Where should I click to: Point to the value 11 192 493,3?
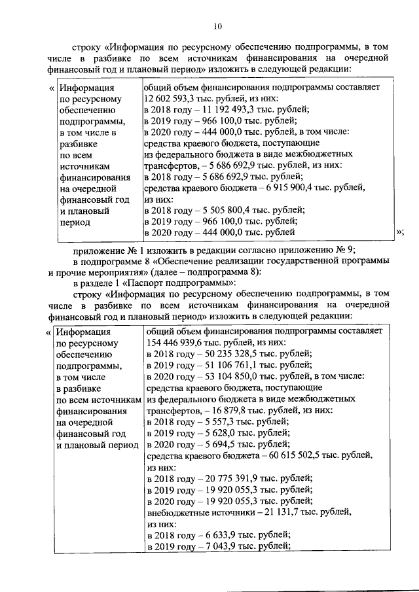coord(220,110)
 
